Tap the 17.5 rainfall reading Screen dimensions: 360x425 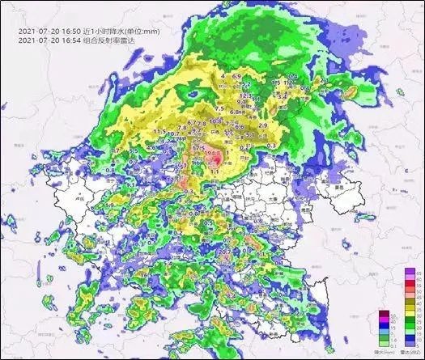click(x=198, y=149)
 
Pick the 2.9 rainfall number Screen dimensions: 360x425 click(x=262, y=125)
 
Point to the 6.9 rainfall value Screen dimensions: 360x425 click(x=237, y=76)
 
